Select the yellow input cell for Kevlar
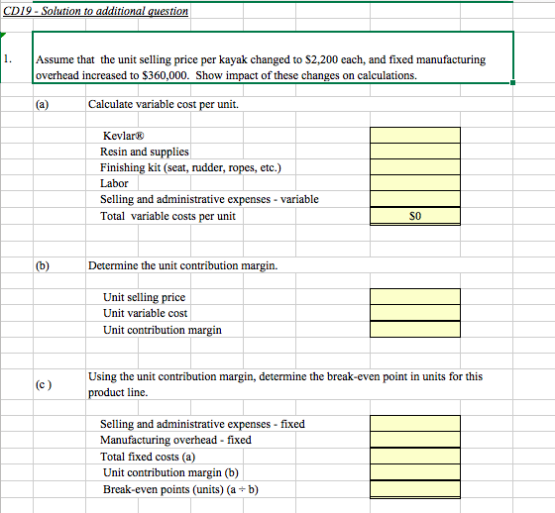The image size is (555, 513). pyautogui.click(x=414, y=136)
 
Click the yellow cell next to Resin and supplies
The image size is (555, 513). pyautogui.click(x=414, y=152)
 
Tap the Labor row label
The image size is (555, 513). pyautogui.click(x=114, y=183)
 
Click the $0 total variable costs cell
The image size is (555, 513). pyautogui.click(x=414, y=216)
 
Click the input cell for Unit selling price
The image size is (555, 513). pyautogui.click(x=414, y=297)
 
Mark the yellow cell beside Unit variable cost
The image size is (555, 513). pyautogui.click(x=414, y=313)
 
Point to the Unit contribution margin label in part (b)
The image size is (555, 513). pyautogui.click(x=162, y=330)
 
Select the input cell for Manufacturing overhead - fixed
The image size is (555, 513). pyautogui.click(x=414, y=440)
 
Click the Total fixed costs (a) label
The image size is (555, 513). pyautogui.click(x=148, y=457)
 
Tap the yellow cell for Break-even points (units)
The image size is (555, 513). pyautogui.click(x=414, y=489)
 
